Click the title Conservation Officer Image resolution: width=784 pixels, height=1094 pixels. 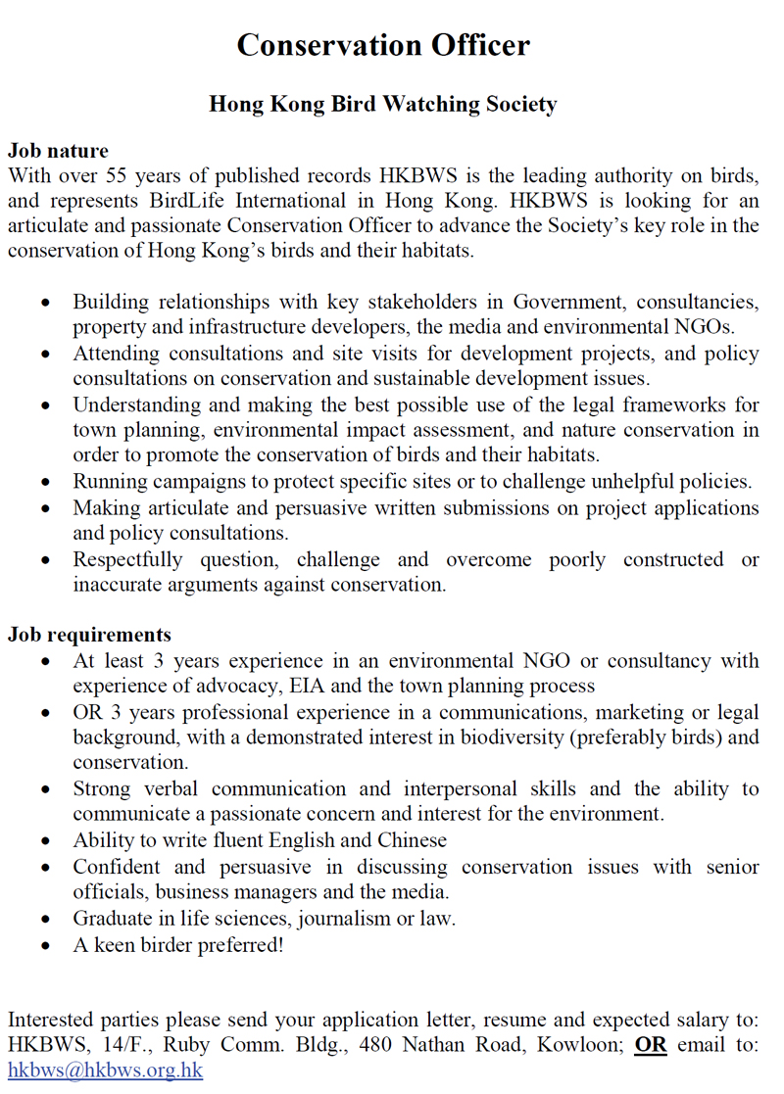point(383,45)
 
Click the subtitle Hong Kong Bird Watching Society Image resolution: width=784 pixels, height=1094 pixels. point(383,105)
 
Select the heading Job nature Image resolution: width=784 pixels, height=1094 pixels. point(58,151)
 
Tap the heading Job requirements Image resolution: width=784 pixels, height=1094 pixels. point(89,635)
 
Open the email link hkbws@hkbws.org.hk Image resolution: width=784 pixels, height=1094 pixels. point(105,1070)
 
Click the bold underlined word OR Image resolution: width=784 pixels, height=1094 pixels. point(650,1044)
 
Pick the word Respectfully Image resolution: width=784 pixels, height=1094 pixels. point(127,560)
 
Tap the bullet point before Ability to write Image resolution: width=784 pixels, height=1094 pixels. point(46,841)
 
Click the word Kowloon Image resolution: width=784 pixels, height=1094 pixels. point(577,1044)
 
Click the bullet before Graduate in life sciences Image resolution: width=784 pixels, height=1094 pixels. point(46,920)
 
